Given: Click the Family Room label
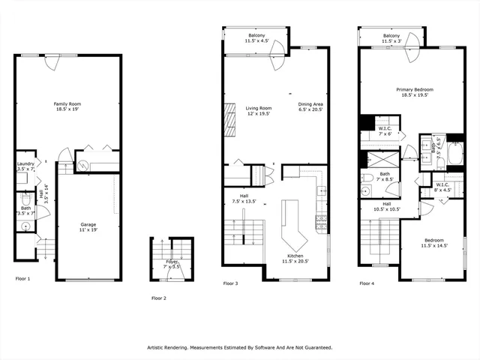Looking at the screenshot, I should [67, 106].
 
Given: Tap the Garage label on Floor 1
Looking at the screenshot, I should [88, 226].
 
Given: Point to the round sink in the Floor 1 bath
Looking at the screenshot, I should [25, 225].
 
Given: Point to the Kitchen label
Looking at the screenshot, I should [294, 258].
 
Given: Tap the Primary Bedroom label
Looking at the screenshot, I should [415, 92].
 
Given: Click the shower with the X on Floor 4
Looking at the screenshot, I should [375, 159].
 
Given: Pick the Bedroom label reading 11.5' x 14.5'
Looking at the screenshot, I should [433, 243].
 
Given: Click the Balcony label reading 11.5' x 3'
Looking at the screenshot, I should [391, 38].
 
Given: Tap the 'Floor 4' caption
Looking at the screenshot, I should [367, 283].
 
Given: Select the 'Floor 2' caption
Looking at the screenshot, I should [159, 298].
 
